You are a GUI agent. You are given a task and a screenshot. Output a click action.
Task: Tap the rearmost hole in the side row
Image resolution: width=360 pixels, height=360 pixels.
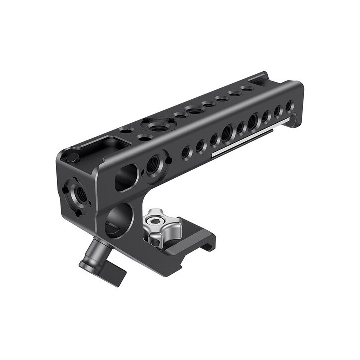[289, 107]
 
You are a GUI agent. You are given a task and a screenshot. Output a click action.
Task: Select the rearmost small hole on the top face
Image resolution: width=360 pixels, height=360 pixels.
[246, 88]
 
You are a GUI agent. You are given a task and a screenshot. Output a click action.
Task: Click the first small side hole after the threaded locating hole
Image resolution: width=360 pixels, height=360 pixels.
[186, 151]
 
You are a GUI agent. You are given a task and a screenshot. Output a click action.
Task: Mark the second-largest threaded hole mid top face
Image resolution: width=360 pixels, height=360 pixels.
[193, 110]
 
